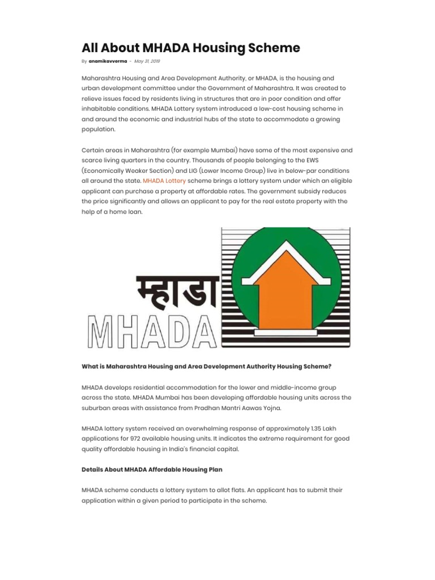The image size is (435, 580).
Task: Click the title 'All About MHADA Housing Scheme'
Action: [191, 48]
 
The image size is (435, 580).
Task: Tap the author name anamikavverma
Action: [108, 61]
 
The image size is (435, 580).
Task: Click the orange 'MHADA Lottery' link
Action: [164, 181]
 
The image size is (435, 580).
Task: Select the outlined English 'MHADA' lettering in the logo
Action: [150, 329]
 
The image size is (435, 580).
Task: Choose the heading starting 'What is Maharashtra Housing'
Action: [206, 366]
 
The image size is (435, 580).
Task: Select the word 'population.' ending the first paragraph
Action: [99, 130]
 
